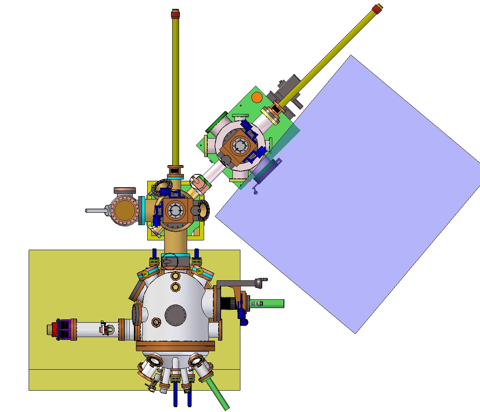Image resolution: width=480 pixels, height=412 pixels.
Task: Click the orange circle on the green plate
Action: click(257, 97)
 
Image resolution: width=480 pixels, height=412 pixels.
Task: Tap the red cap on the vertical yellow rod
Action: click(175, 14)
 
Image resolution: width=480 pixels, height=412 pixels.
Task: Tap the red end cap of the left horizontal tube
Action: click(52, 329)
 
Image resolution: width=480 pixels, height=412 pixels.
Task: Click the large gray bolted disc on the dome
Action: click(175, 315)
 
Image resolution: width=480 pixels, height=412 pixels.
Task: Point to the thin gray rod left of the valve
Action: click(95, 210)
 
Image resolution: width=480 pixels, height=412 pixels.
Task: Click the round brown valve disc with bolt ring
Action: click(124, 210)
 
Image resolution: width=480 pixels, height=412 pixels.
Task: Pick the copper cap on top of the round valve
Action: click(125, 190)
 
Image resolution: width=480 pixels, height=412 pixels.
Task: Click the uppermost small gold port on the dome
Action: click(175, 276)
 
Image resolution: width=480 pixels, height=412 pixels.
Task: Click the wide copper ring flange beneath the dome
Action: click(175, 346)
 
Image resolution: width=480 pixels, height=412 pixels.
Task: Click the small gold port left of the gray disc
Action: click(156, 322)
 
